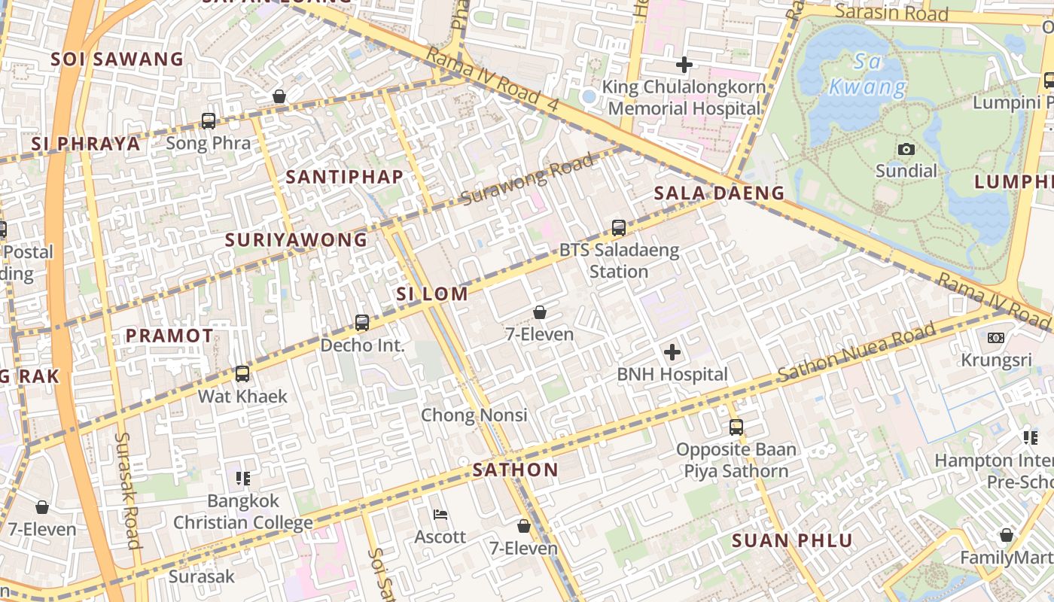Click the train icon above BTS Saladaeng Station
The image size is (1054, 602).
618,227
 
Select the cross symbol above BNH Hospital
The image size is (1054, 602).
672,351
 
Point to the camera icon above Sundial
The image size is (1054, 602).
906,149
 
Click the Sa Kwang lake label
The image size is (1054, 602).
868,74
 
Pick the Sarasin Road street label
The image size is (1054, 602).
891,13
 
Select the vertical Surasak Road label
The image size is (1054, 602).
127,490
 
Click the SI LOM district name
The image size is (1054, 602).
432,294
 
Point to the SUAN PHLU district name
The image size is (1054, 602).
792,540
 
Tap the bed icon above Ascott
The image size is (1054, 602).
441,515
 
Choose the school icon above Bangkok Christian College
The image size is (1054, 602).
242,478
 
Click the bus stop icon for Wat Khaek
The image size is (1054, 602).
242,374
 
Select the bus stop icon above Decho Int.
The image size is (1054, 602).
362,323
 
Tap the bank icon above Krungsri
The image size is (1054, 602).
995,338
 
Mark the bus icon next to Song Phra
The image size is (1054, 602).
209,120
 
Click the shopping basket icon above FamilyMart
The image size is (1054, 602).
1006,535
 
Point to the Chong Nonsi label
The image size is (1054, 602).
474,415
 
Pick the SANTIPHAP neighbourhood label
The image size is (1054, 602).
345,177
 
